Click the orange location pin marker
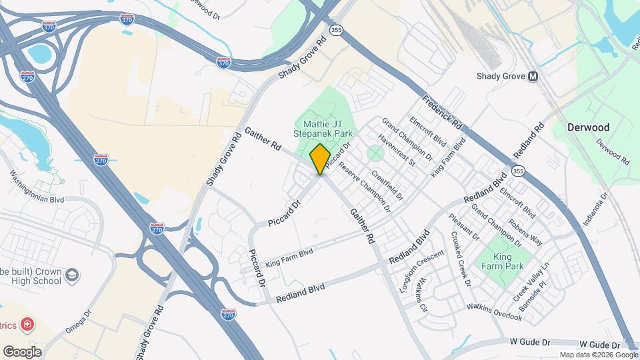point(320,159)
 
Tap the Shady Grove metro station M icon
point(533,76)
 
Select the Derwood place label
point(588,127)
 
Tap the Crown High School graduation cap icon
point(73,275)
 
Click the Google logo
point(22,351)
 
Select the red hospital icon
point(27,325)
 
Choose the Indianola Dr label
point(595,210)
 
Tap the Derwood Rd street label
point(613,152)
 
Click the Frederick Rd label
point(442,111)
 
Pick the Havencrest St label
point(397,152)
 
